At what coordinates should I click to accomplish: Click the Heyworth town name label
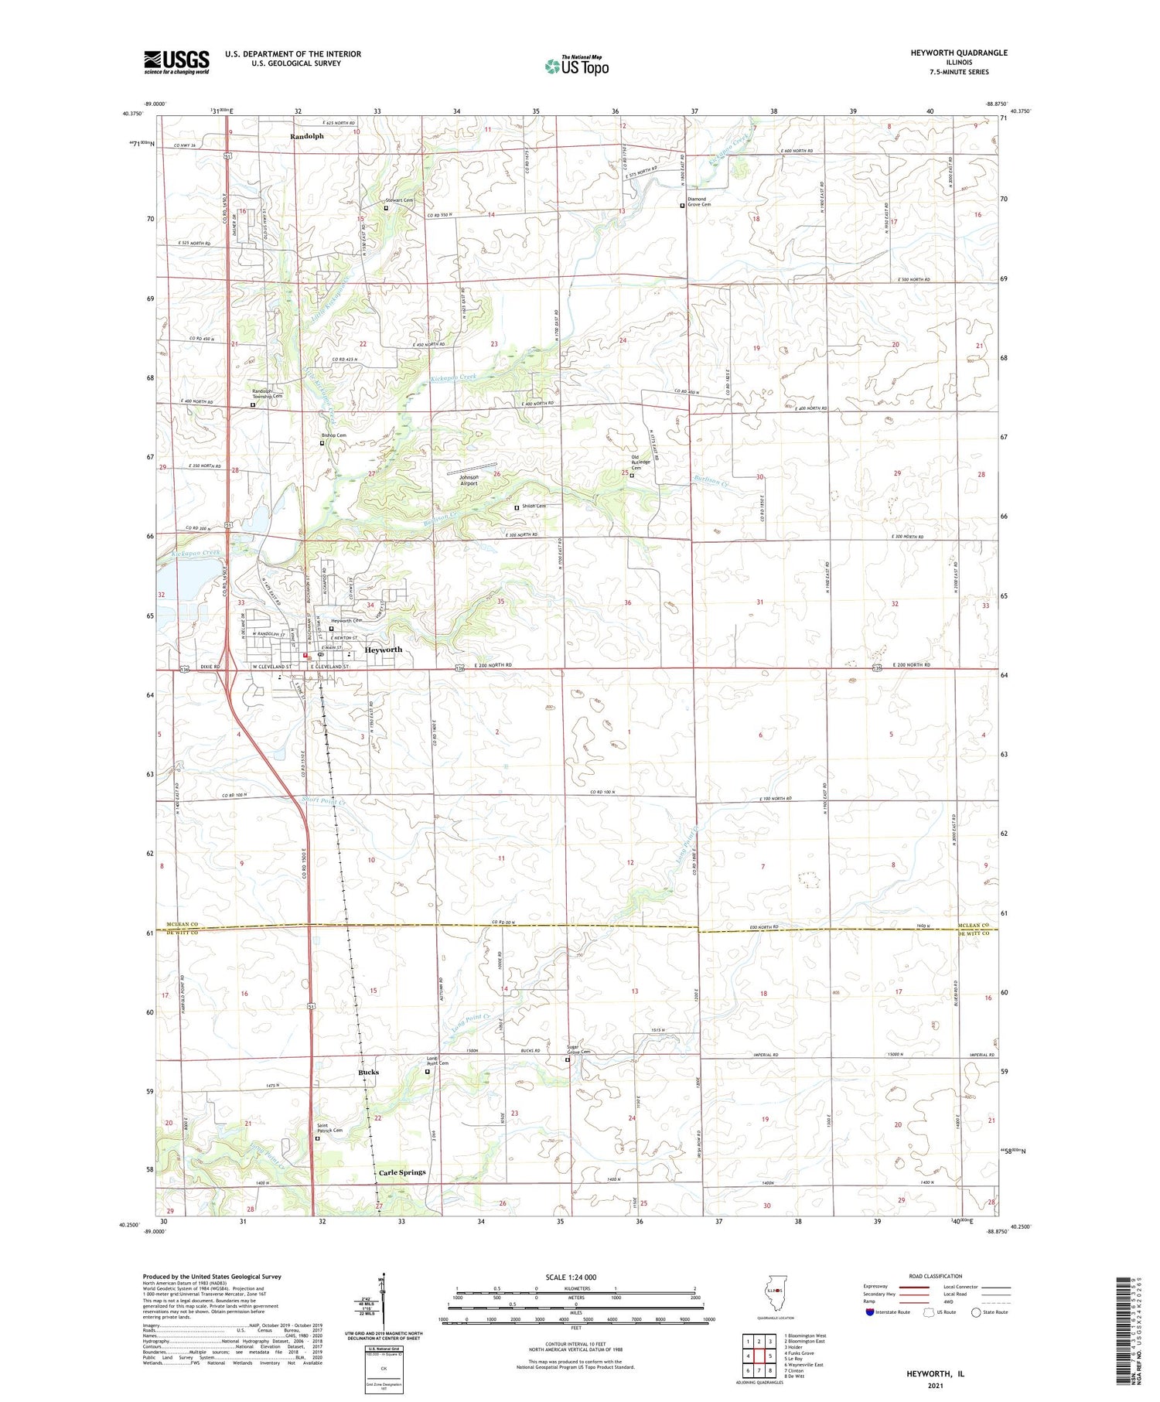[383, 650]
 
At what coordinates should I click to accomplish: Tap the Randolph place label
[307, 136]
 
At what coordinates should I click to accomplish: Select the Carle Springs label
[401, 1172]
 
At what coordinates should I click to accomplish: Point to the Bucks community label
[368, 1073]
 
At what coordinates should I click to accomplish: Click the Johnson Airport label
[469, 480]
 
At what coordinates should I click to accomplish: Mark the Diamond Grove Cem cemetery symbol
[682, 206]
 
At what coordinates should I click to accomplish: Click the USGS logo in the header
[176, 62]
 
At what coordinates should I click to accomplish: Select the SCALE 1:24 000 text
[575, 1277]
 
